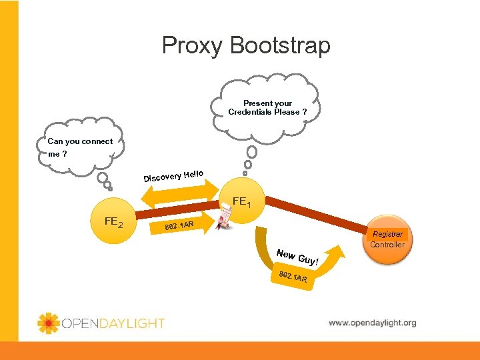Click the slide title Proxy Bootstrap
[x=246, y=45]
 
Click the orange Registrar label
[x=387, y=234]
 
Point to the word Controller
[x=387, y=245]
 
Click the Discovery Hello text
[x=173, y=175]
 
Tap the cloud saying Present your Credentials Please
[x=267, y=107]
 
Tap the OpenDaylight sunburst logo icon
[x=49, y=323]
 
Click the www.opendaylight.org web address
[x=372, y=323]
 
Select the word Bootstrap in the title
[x=280, y=45]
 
